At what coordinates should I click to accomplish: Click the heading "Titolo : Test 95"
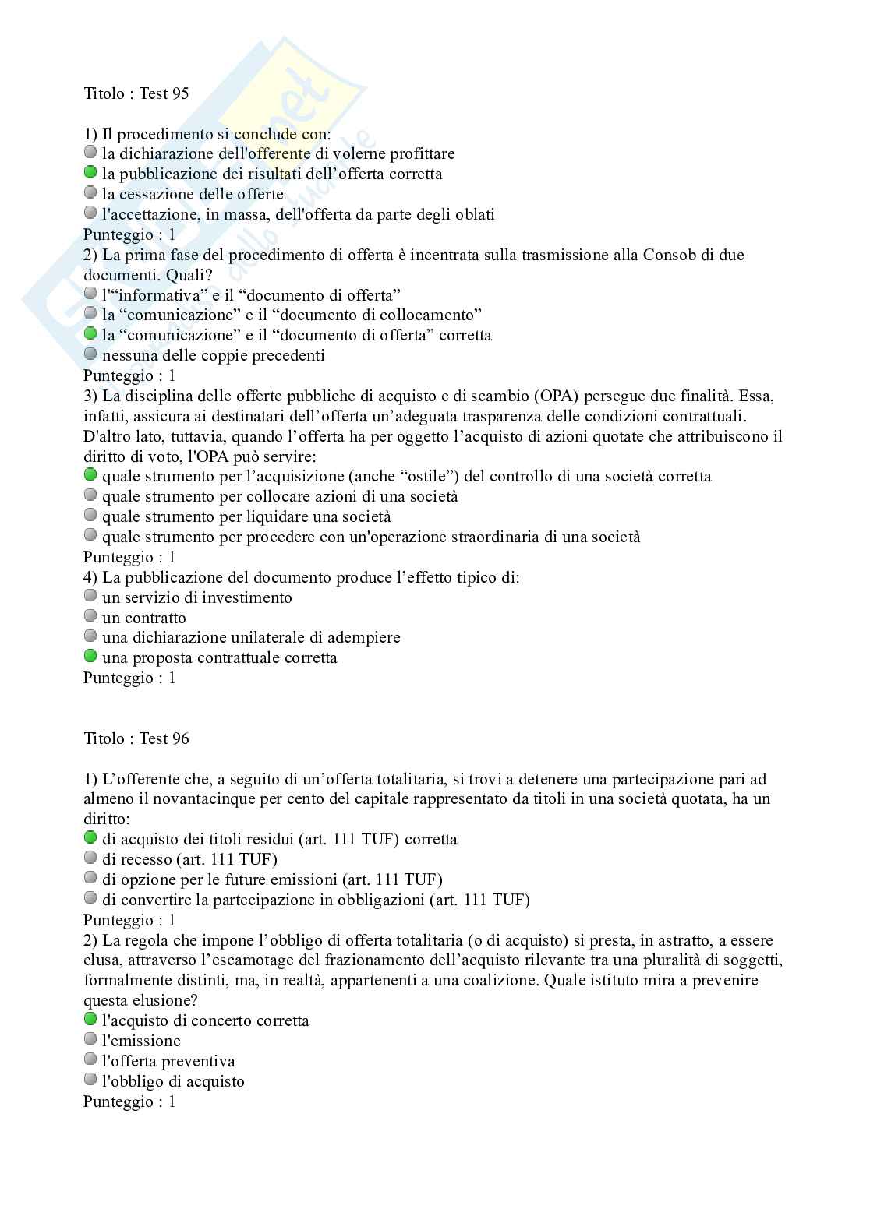[x=136, y=93]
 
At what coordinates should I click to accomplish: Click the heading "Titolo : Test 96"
[x=136, y=738]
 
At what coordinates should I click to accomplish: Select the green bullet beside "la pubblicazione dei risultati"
[x=90, y=173]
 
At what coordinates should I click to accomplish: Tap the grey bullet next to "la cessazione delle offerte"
[x=90, y=193]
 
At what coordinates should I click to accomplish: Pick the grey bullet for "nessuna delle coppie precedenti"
[x=90, y=354]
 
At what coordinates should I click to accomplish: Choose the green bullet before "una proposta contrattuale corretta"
[x=90, y=657]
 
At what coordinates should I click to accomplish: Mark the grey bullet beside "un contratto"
[x=90, y=617]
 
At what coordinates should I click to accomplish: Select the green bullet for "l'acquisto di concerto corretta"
[x=90, y=1020]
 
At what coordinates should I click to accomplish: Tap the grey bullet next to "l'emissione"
[x=90, y=1040]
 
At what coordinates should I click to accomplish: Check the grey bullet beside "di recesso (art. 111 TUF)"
[x=90, y=858]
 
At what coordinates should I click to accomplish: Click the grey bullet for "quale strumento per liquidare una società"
[x=90, y=516]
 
